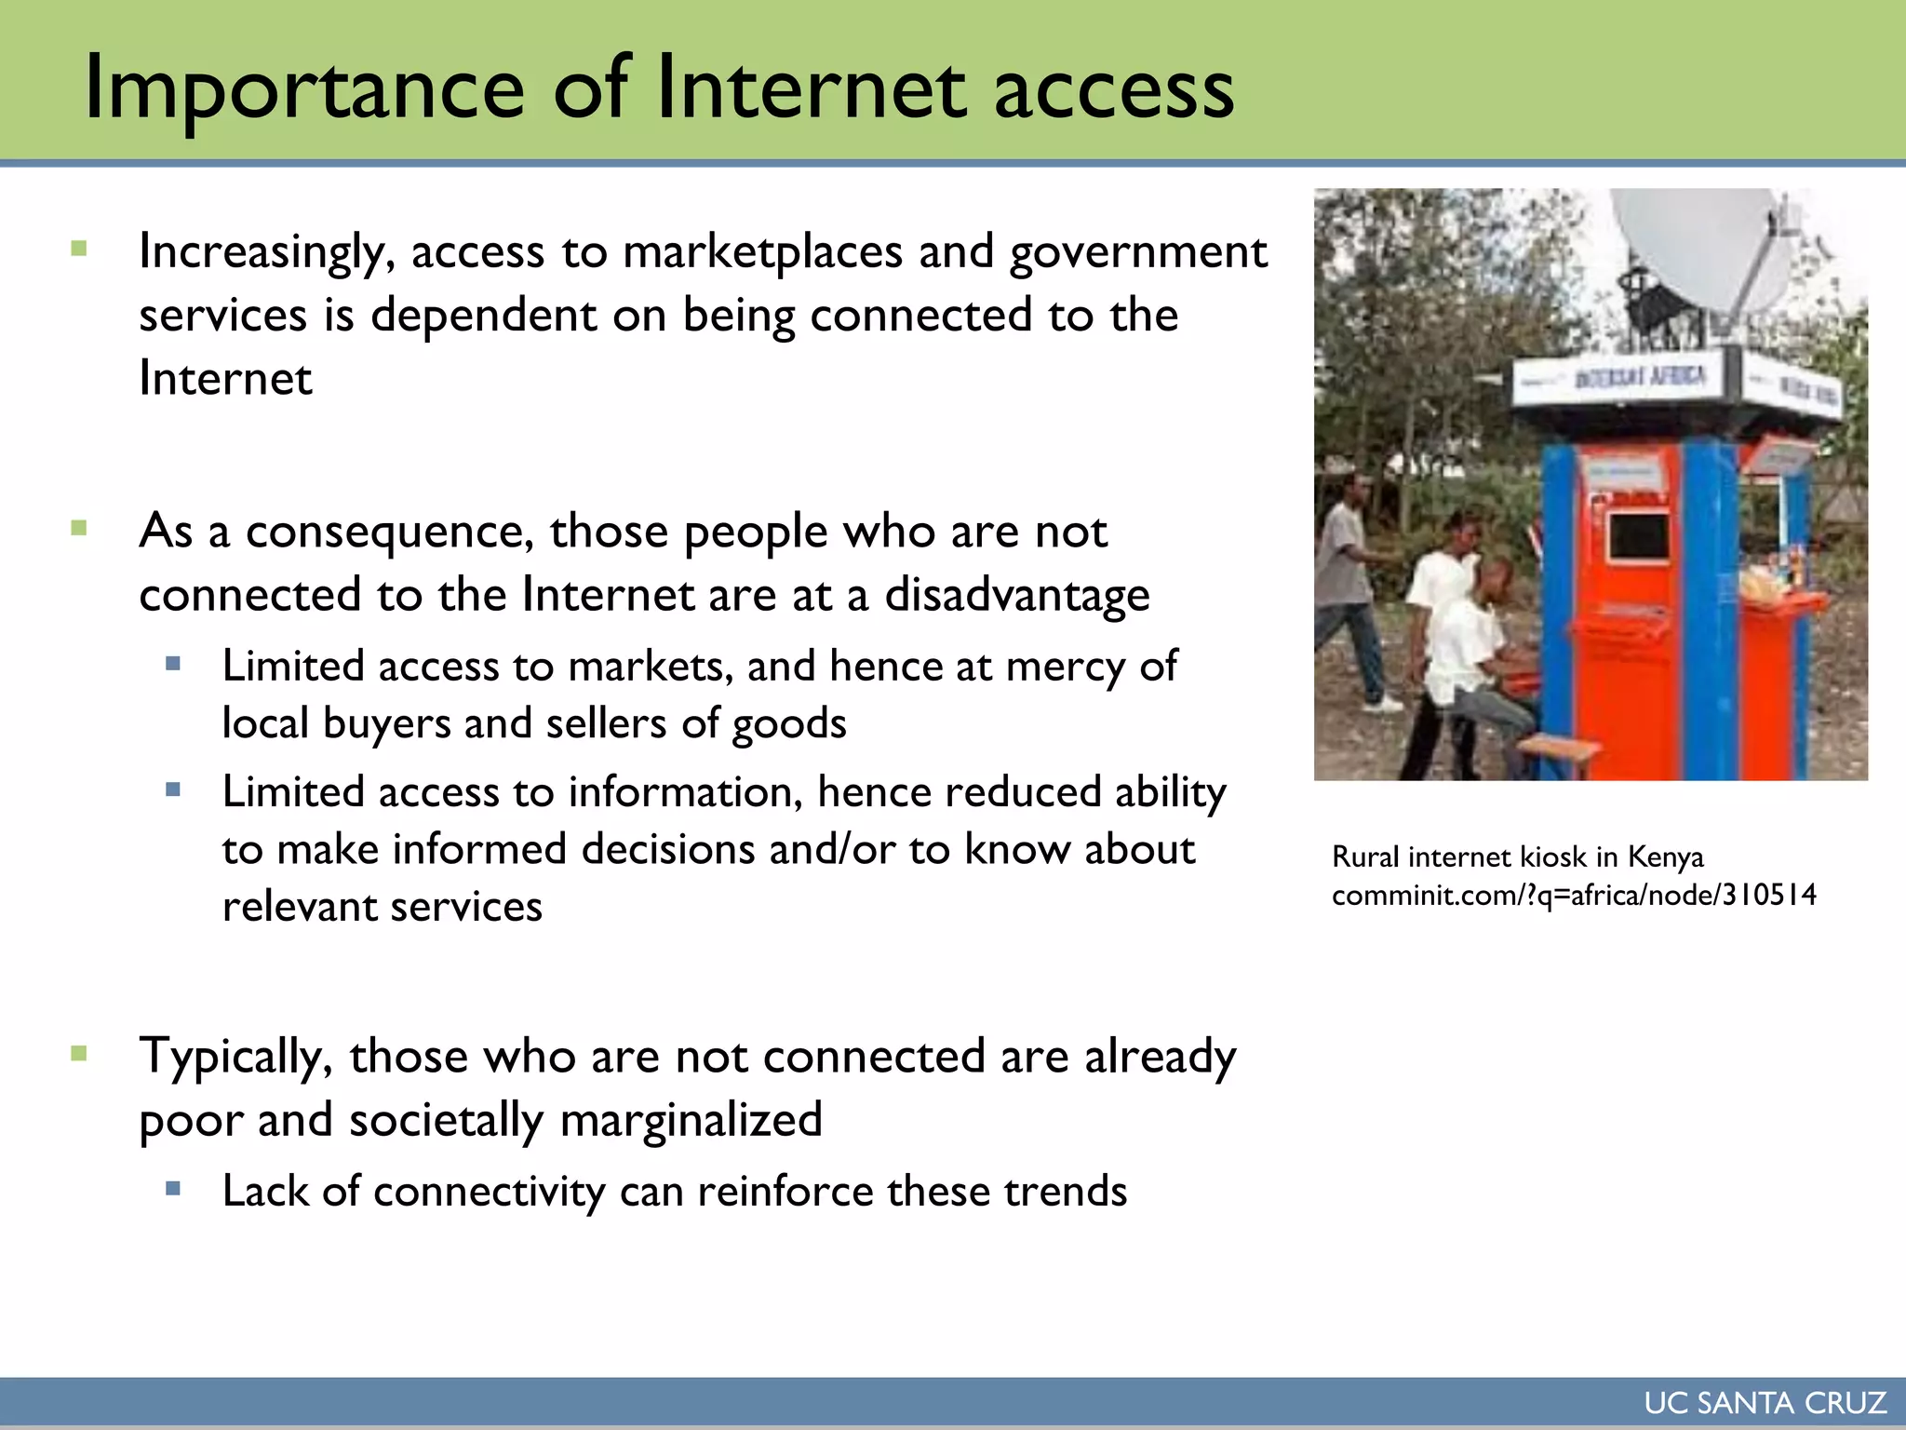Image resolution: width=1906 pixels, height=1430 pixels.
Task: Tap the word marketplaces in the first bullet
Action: tap(763, 253)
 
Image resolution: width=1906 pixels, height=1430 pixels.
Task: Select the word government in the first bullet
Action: tap(1138, 253)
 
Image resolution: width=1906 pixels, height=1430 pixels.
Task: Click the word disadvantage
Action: tap(1016, 596)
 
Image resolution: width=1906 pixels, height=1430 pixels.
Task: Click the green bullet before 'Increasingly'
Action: tap(79, 249)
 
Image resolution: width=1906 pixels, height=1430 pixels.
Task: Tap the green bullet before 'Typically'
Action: tap(79, 1054)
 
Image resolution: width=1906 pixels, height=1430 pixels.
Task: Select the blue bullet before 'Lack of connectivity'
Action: tap(172, 1188)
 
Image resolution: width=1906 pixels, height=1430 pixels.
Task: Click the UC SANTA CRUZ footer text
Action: tap(1765, 1403)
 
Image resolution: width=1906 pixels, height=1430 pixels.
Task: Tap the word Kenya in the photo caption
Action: tap(1665, 857)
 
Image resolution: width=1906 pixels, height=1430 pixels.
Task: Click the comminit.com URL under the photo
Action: tap(1574, 896)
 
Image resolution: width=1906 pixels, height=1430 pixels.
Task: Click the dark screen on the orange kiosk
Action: tap(1638, 537)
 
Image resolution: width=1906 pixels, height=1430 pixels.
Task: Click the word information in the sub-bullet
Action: tap(685, 793)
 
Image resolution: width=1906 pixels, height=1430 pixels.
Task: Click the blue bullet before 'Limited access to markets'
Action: tap(172, 664)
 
